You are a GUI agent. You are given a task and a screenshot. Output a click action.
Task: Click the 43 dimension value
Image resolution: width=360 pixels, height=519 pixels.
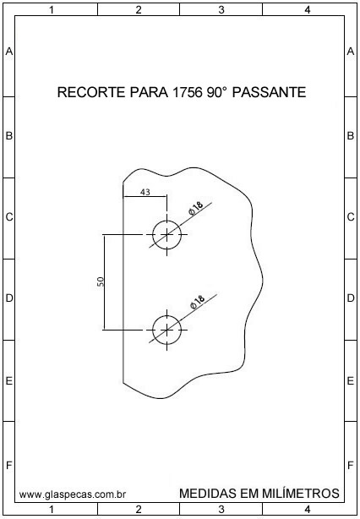click(x=145, y=192)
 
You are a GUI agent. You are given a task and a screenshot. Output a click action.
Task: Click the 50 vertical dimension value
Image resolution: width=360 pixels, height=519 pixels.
click(x=101, y=281)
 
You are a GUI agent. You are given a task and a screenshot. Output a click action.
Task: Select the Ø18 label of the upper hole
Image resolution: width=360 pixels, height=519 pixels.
click(x=196, y=209)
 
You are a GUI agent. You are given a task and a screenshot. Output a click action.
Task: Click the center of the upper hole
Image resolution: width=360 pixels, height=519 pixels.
click(x=166, y=235)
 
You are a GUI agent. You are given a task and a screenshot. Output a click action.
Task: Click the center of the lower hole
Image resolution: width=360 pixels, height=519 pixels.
click(x=166, y=330)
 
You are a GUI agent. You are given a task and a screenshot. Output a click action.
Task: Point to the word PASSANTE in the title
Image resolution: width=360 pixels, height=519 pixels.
click(x=269, y=92)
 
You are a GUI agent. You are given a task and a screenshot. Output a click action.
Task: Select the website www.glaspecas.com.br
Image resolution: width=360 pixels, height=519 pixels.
click(x=73, y=494)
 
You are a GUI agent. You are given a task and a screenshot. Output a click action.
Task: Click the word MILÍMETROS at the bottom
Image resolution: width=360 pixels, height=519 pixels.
click(x=301, y=493)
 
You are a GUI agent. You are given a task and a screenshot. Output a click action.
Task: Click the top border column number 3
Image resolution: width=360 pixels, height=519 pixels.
click(x=221, y=10)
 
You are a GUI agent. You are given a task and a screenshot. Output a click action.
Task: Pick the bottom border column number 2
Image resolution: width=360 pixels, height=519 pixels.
click(x=139, y=509)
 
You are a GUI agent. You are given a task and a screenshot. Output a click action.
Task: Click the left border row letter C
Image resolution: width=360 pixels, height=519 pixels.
click(x=9, y=217)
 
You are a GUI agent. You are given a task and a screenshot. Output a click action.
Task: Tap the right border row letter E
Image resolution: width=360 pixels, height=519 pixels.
click(x=351, y=381)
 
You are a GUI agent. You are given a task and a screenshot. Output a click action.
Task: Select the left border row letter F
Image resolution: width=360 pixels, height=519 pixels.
click(x=9, y=466)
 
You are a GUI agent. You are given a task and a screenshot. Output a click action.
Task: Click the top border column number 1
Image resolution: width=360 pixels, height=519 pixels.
click(x=52, y=10)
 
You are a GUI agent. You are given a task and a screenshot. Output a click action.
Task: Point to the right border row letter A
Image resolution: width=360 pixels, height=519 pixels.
click(x=351, y=52)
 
